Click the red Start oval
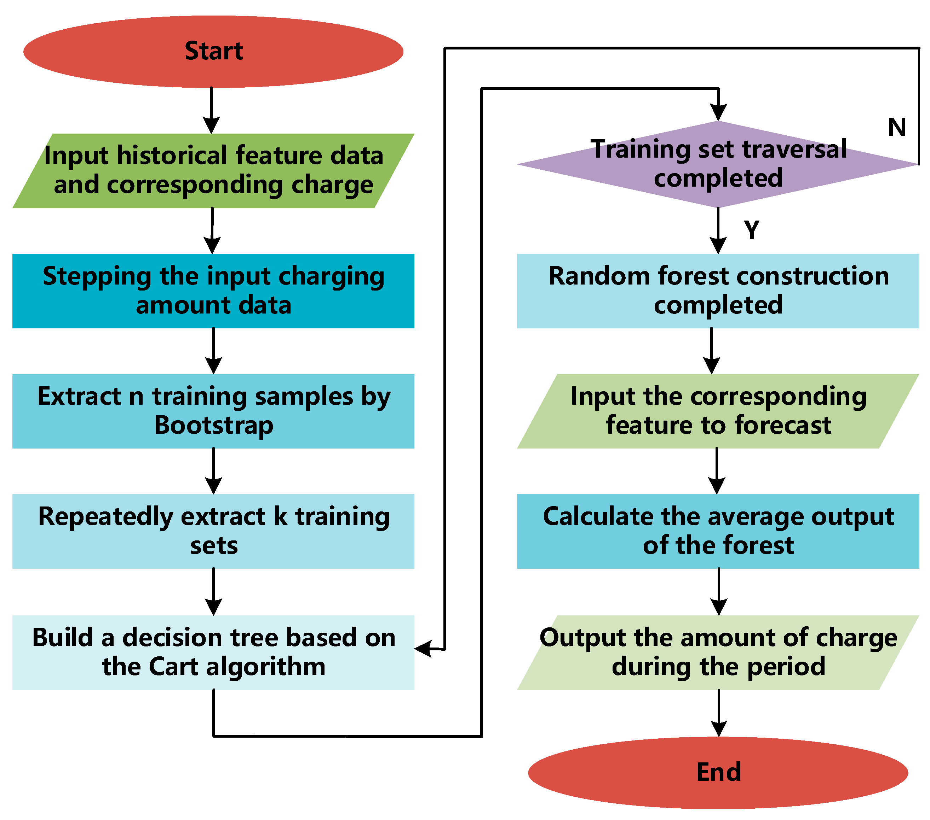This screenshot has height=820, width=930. pyautogui.click(x=213, y=51)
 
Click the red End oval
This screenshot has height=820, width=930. pyautogui.click(x=718, y=772)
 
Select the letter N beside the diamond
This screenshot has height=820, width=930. pyautogui.click(x=897, y=127)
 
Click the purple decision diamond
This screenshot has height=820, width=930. pyautogui.click(x=718, y=164)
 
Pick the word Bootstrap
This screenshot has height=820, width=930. pyautogui.click(x=214, y=426)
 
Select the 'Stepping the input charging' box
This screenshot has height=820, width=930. pyautogui.click(x=213, y=291)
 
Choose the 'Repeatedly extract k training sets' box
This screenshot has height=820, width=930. pyautogui.click(x=213, y=531)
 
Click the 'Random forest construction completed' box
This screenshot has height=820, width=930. pyautogui.click(x=718, y=291)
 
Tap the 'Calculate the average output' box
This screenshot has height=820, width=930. pyautogui.click(x=718, y=531)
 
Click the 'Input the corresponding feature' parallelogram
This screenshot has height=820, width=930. pyautogui.click(x=718, y=411)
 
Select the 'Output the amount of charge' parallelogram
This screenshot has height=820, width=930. pyautogui.click(x=718, y=652)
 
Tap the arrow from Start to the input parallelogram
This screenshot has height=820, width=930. pyautogui.click(x=211, y=111)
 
